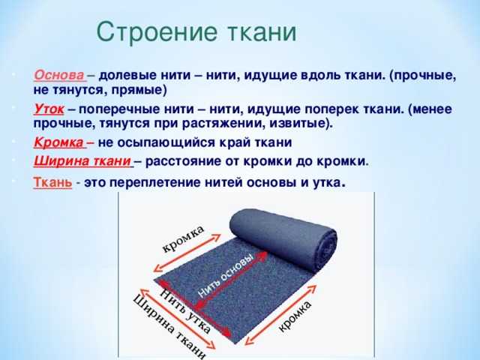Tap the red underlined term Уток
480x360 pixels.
(49, 109)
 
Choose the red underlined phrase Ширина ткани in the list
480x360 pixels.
(82, 161)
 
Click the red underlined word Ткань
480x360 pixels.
(52, 182)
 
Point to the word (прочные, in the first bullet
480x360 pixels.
(423, 76)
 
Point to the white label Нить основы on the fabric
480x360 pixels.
(226, 276)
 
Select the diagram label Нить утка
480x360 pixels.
(185, 310)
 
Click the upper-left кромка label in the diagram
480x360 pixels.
(183, 239)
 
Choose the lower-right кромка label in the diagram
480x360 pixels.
(295, 316)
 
